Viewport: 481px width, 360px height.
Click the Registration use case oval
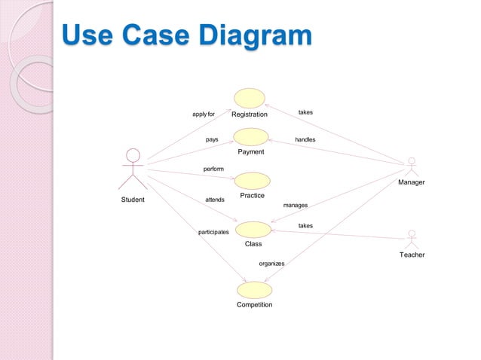pyautogui.click(x=250, y=98)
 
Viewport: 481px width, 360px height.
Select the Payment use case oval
pyautogui.click(x=251, y=136)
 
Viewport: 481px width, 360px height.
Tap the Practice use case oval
pyautogui.click(x=252, y=180)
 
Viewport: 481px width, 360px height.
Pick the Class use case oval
pyautogui.click(x=253, y=230)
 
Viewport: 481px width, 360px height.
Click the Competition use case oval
pyautogui.click(x=254, y=290)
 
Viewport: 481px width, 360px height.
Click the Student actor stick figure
pyautogui.click(x=133, y=169)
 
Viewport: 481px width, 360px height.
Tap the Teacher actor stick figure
pyautogui.click(x=411, y=239)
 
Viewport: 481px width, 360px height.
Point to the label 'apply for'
pyautogui.click(x=204, y=114)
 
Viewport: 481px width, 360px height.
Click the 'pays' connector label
pyautogui.click(x=212, y=139)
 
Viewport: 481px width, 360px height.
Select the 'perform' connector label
pyautogui.click(x=213, y=169)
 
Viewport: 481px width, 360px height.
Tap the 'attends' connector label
pyautogui.click(x=215, y=200)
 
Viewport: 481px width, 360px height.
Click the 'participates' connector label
pyautogui.click(x=213, y=232)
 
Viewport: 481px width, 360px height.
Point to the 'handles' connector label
pyautogui.click(x=305, y=139)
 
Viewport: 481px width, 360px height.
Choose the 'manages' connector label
pyautogui.click(x=295, y=204)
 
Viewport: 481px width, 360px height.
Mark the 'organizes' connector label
pyautogui.click(x=271, y=264)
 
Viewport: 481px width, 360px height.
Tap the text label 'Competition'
pyautogui.click(x=254, y=305)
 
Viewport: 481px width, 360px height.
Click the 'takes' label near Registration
pyautogui.click(x=305, y=112)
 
